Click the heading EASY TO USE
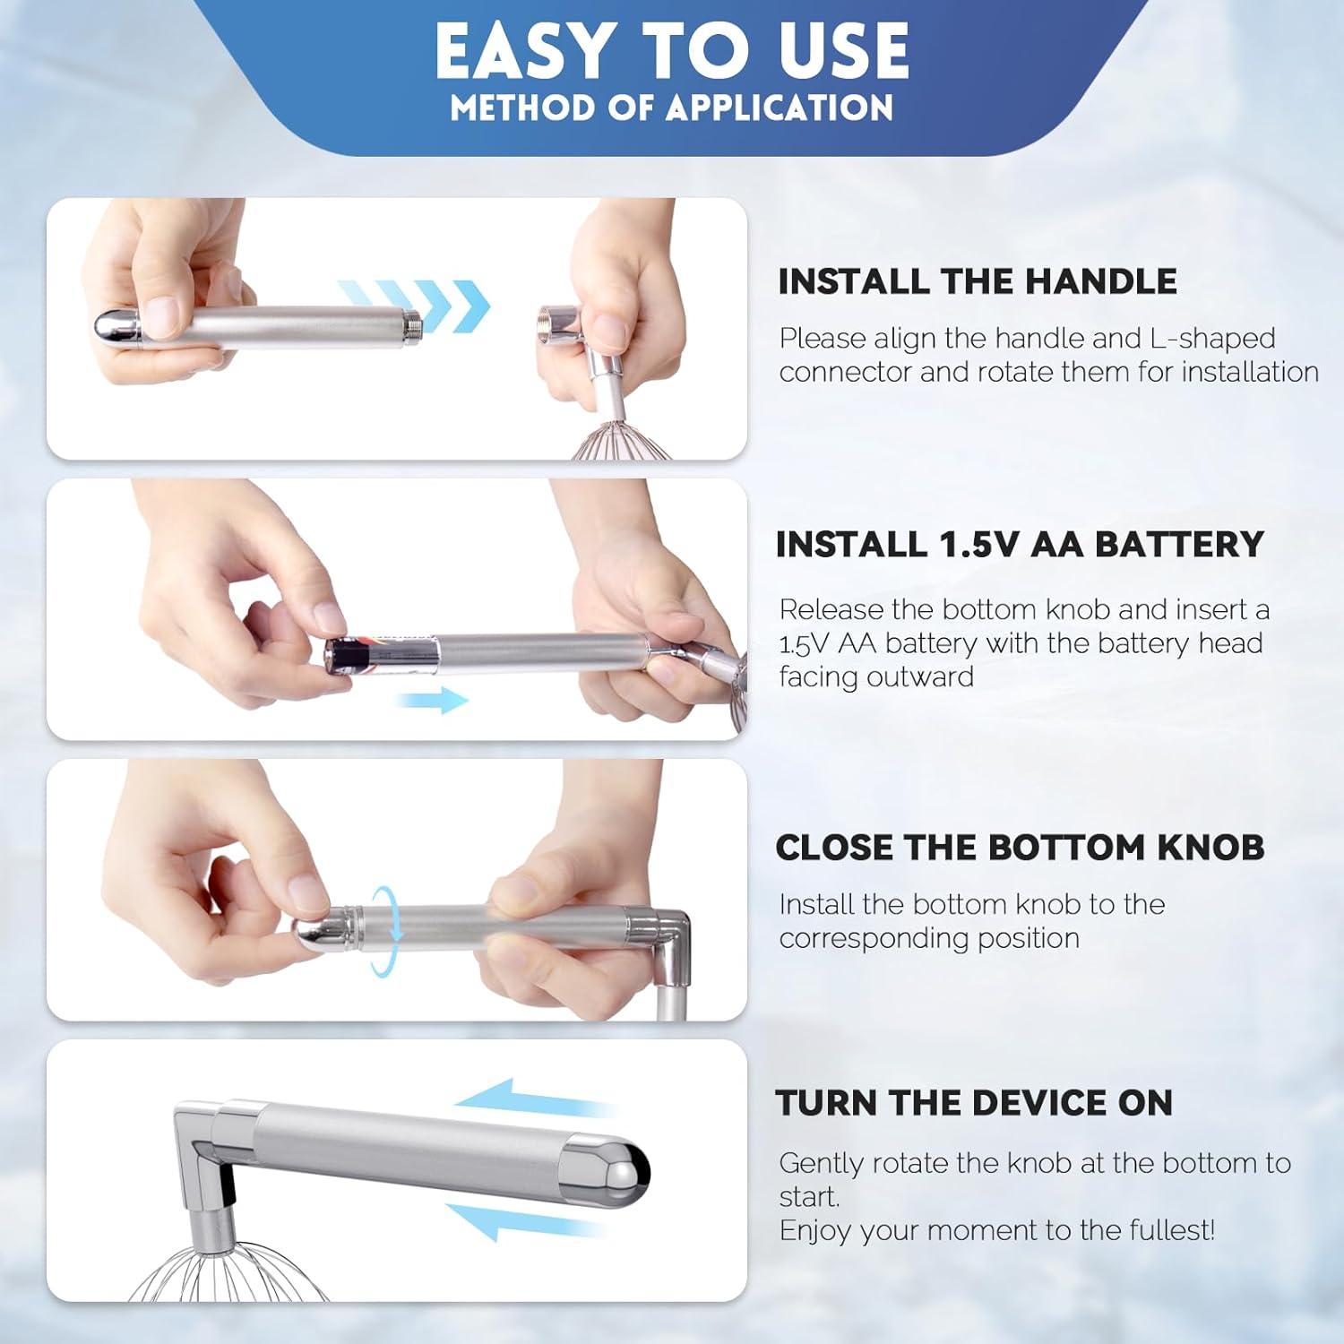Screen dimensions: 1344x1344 [672, 50]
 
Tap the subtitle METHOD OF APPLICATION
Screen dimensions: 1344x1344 [672, 108]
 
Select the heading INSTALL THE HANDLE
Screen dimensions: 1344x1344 [977, 281]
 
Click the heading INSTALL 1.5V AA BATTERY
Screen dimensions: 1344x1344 [1020, 545]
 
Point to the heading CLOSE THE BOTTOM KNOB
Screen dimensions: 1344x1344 [1020, 848]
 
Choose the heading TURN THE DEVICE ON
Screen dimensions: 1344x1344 [974, 1103]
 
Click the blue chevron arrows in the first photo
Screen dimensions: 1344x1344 [414, 305]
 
